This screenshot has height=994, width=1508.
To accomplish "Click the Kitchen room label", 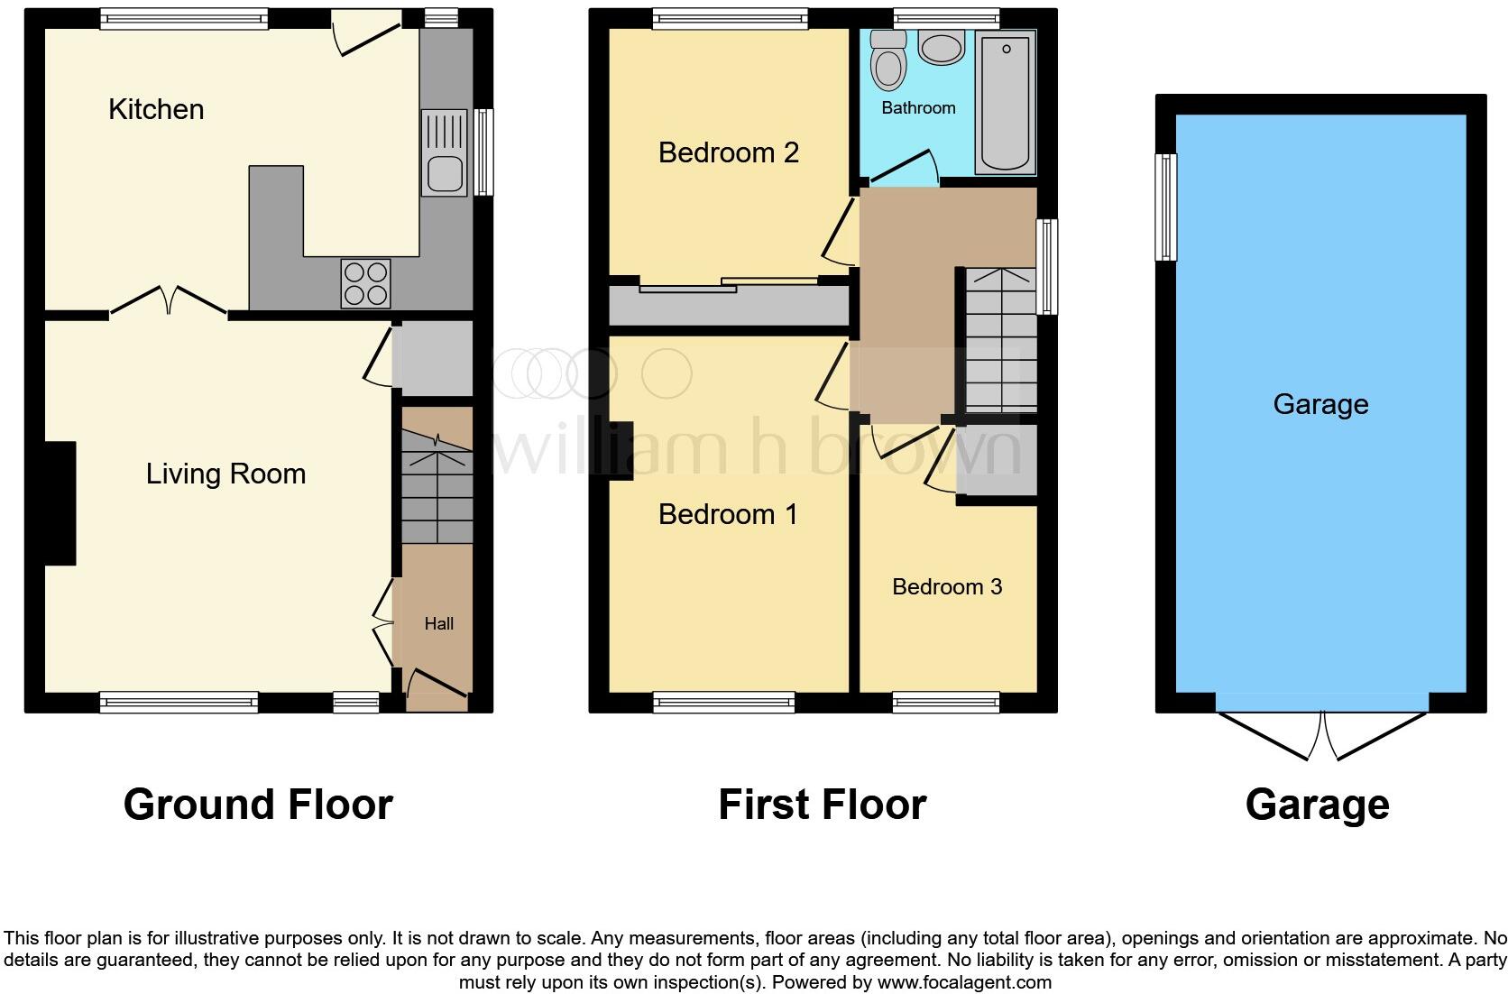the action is (156, 109).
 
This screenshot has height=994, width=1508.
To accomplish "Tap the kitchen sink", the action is (445, 152).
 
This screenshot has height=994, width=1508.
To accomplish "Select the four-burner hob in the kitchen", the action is (365, 283).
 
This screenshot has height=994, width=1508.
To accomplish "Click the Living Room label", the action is (226, 474).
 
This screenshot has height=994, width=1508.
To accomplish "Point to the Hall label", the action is (439, 623).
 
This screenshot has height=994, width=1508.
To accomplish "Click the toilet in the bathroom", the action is (888, 60).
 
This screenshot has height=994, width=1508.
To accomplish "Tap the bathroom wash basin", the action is (942, 47).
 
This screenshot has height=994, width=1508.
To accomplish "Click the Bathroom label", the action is (918, 107).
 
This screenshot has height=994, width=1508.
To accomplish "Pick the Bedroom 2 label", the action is (729, 152).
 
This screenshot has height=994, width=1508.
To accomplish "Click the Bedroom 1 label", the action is (728, 514).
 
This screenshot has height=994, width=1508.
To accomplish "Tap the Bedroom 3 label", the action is (947, 586).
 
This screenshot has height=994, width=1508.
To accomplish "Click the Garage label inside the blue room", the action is (1320, 404).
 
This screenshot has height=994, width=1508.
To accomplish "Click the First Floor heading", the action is (823, 804).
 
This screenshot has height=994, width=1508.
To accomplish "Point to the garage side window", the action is (1166, 207).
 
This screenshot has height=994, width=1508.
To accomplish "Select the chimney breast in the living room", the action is (60, 503).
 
